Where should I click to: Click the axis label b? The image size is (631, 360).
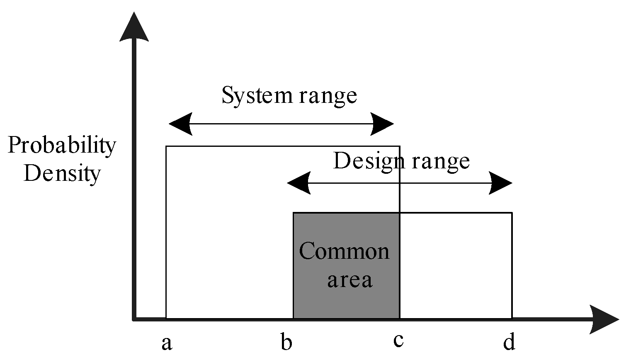tap(286, 343)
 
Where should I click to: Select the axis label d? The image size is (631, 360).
tap(509, 343)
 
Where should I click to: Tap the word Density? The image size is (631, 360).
tap(62, 173)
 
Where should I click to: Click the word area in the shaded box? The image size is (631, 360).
tap(349, 280)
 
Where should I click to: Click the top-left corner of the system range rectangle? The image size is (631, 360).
tap(166, 146)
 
